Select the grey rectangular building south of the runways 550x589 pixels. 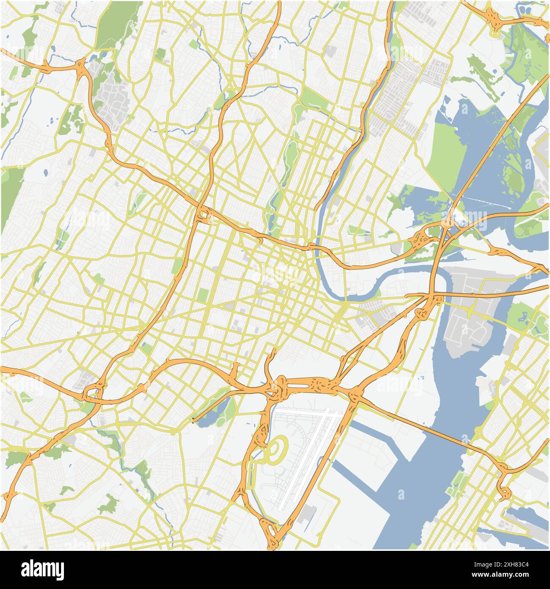click(306, 514)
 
